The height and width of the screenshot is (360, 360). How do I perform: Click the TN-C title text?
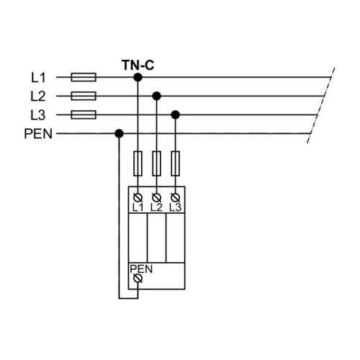(x=138, y=65)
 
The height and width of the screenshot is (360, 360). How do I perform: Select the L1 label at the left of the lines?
(x=38, y=78)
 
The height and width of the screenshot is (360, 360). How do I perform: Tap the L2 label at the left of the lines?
(x=38, y=96)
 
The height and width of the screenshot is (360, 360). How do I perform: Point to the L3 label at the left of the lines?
(x=38, y=115)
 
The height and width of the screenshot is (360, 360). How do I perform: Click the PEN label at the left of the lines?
(x=38, y=134)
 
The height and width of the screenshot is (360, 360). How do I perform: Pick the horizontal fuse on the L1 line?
(x=84, y=77)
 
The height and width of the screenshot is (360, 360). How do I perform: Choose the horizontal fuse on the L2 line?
(x=84, y=96)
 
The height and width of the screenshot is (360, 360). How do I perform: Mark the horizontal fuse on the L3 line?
(x=84, y=114)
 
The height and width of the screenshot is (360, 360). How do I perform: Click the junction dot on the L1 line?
(x=138, y=77)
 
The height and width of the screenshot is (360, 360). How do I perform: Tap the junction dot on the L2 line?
(x=156, y=96)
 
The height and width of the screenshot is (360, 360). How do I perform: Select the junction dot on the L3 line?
(x=176, y=114)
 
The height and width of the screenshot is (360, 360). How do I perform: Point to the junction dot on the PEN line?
(x=119, y=133)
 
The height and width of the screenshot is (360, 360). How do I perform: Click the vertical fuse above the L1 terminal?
(x=138, y=163)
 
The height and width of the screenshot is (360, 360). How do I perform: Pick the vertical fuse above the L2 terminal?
(x=156, y=163)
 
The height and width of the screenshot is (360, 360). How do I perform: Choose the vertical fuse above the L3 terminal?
(x=176, y=163)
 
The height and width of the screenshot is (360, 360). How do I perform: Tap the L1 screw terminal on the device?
(x=138, y=198)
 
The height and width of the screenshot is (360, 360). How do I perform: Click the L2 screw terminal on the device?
(x=156, y=198)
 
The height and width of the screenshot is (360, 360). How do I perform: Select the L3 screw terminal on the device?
(x=176, y=198)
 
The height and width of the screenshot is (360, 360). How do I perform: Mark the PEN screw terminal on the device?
(x=138, y=279)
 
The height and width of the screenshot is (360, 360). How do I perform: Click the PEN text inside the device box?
(x=141, y=269)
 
